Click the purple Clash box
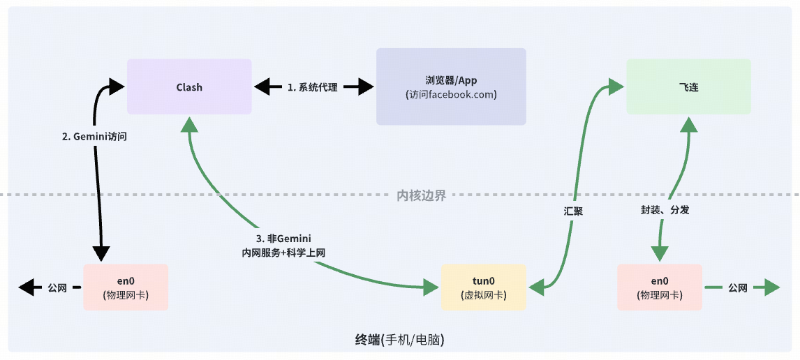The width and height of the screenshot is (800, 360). [x=188, y=87]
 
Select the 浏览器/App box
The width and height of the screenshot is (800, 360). [x=450, y=87]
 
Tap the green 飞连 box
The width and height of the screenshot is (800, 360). [x=688, y=87]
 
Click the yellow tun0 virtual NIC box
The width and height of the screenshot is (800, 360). [x=484, y=287]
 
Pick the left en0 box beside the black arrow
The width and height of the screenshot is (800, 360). [x=126, y=287]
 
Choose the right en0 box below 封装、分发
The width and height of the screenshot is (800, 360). [x=660, y=287]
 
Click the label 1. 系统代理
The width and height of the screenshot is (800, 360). [x=312, y=87]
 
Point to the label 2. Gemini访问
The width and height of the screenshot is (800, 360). [x=95, y=137]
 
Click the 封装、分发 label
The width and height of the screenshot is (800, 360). [x=665, y=209]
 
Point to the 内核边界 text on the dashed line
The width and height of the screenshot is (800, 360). [x=421, y=195]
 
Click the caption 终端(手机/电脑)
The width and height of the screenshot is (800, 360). [x=400, y=340]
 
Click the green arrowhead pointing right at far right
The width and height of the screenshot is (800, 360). [x=771, y=287]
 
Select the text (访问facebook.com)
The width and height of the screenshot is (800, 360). [x=450, y=95]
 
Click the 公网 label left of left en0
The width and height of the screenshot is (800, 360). [x=57, y=287]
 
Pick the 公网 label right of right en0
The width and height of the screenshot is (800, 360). [x=738, y=287]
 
